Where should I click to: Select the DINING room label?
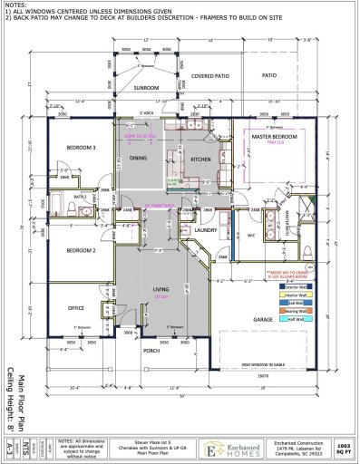[138, 158]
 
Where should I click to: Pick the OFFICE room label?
[76, 307]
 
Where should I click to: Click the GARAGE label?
[263, 319]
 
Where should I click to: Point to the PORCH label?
[151, 353]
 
